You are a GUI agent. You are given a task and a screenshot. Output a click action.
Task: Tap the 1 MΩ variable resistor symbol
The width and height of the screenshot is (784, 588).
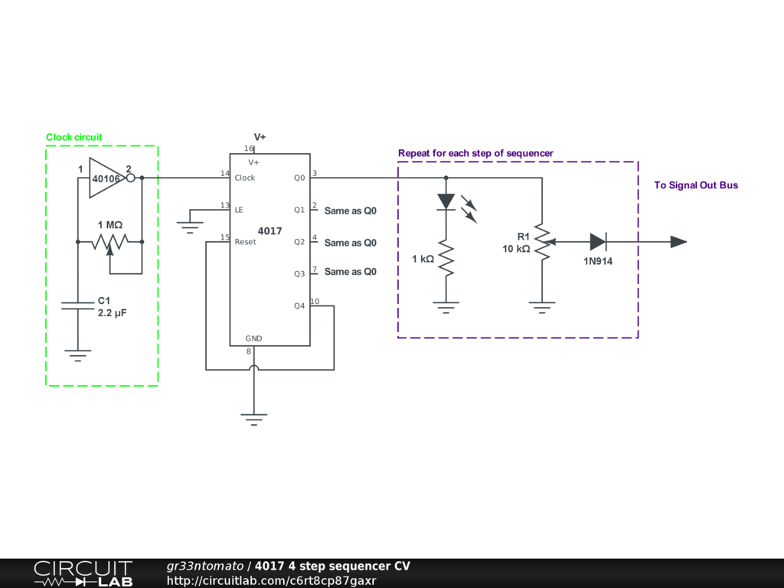pos(110,242)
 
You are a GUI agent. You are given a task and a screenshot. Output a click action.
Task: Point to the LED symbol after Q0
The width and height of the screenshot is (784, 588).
pos(446,201)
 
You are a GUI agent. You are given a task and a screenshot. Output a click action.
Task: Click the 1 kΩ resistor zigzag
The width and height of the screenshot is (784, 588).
pos(446,260)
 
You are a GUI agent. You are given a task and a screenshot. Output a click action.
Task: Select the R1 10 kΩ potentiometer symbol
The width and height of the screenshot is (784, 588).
pos(542,242)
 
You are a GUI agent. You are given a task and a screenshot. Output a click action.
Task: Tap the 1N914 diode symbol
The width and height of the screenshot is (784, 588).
pos(598,242)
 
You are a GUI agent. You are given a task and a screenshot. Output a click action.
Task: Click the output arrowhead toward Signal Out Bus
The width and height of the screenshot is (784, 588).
pos(678,242)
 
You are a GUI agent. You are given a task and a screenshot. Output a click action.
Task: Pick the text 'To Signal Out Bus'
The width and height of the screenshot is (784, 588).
pos(696,185)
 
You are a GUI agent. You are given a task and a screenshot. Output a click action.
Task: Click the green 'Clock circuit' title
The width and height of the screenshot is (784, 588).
pos(73,138)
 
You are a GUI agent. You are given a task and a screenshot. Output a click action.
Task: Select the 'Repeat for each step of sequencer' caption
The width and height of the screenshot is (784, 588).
pos(475,153)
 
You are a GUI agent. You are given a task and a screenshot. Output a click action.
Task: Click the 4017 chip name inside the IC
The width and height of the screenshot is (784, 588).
pos(269,230)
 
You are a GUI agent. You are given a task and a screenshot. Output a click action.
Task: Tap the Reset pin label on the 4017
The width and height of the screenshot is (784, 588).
pos(246,242)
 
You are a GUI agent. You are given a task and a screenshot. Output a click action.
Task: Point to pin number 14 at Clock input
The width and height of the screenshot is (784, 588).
pos(224,174)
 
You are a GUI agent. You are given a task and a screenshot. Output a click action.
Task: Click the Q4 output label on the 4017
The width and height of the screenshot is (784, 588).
pos(299,306)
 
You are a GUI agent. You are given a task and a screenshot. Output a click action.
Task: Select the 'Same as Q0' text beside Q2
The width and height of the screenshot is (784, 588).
pos(351,243)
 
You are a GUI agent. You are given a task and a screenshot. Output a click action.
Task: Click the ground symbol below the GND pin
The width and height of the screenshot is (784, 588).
pos(254,418)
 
